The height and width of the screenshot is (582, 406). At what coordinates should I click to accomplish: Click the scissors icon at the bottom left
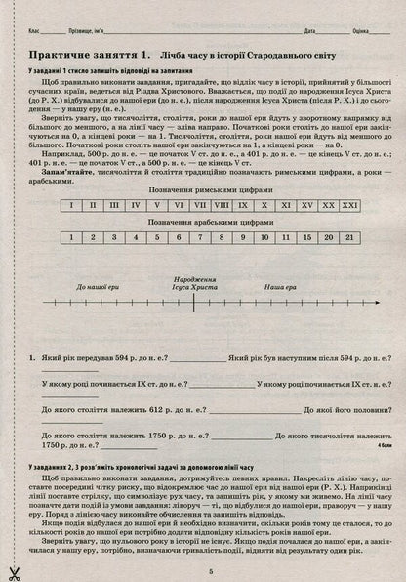pyautogui.click(x=13, y=571)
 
